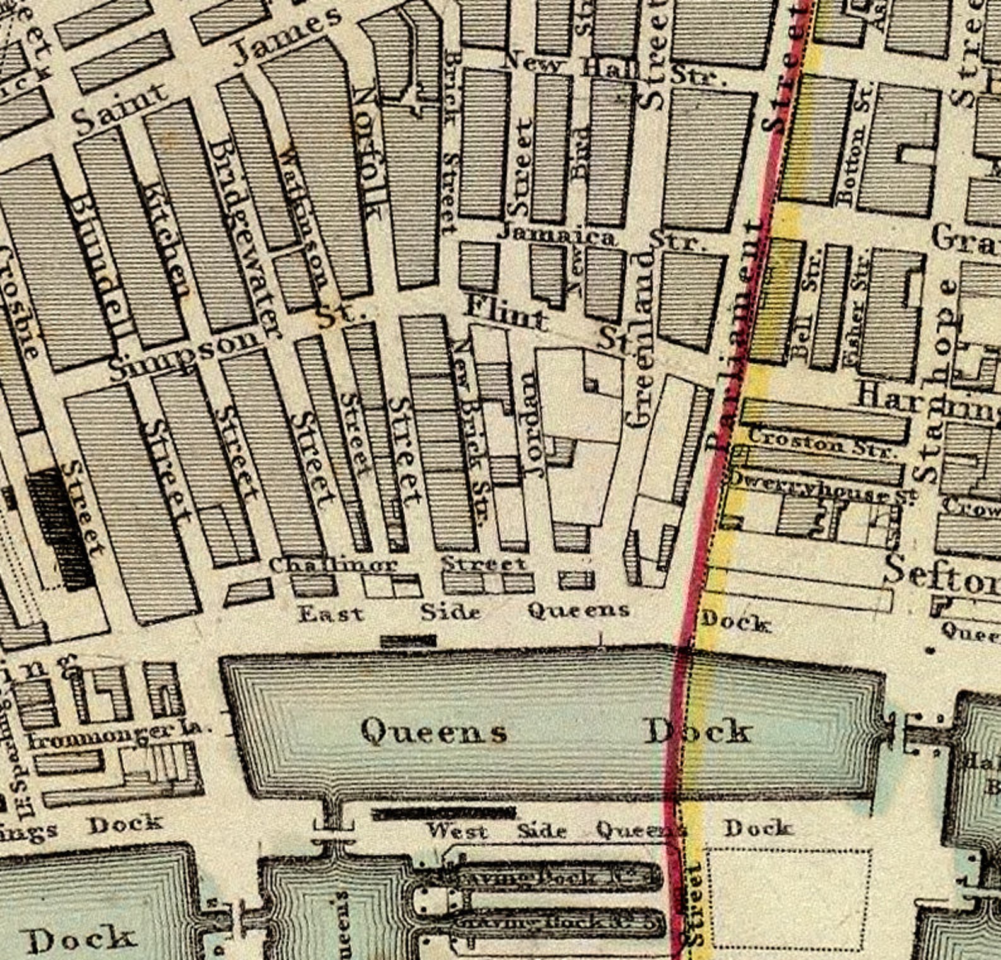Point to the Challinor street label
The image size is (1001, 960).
[x=333, y=565]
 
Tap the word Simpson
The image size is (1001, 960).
[x=183, y=357]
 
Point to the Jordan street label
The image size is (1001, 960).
[x=533, y=423]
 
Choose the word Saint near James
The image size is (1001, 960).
[x=120, y=111]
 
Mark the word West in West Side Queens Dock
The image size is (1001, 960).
[x=456, y=830]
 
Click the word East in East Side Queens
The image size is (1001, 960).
[x=330, y=613]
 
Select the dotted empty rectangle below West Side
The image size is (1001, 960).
[x=788, y=898]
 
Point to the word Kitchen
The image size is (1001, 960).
[x=167, y=240]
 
